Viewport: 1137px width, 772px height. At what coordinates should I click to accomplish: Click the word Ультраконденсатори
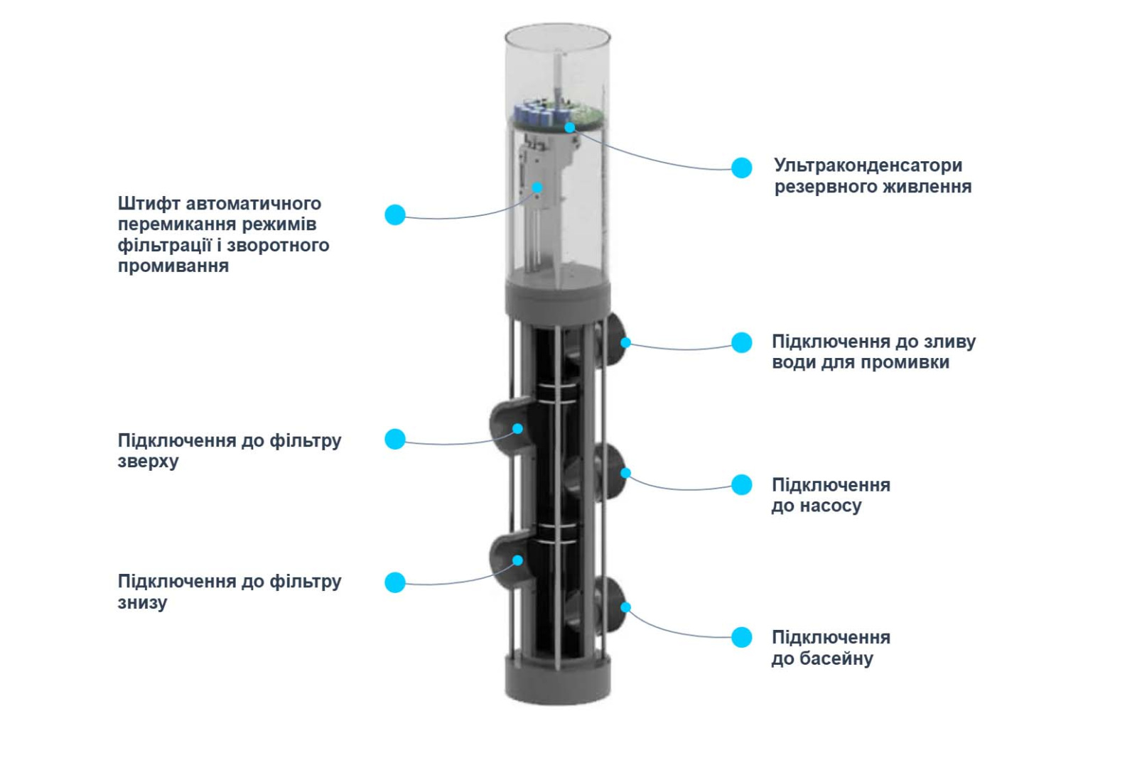pos(868,165)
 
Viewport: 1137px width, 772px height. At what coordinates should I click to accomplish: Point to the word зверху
pos(148,462)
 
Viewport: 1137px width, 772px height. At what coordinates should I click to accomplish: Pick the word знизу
pos(142,603)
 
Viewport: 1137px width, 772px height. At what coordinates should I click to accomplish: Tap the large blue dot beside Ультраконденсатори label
pos(742,168)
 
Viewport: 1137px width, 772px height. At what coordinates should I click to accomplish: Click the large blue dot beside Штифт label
pos(395,214)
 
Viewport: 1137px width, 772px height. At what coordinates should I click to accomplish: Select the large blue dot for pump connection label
pos(742,484)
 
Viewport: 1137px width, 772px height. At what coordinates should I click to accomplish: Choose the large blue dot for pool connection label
pos(742,637)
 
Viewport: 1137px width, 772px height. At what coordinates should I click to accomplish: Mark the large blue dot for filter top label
pos(395,439)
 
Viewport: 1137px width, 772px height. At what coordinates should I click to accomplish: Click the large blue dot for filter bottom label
pos(395,582)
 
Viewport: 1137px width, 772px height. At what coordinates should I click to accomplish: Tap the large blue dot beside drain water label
pos(742,342)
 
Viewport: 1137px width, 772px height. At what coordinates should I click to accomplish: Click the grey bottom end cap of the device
pos(558,678)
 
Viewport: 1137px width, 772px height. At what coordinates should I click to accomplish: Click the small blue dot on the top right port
pos(625,342)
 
